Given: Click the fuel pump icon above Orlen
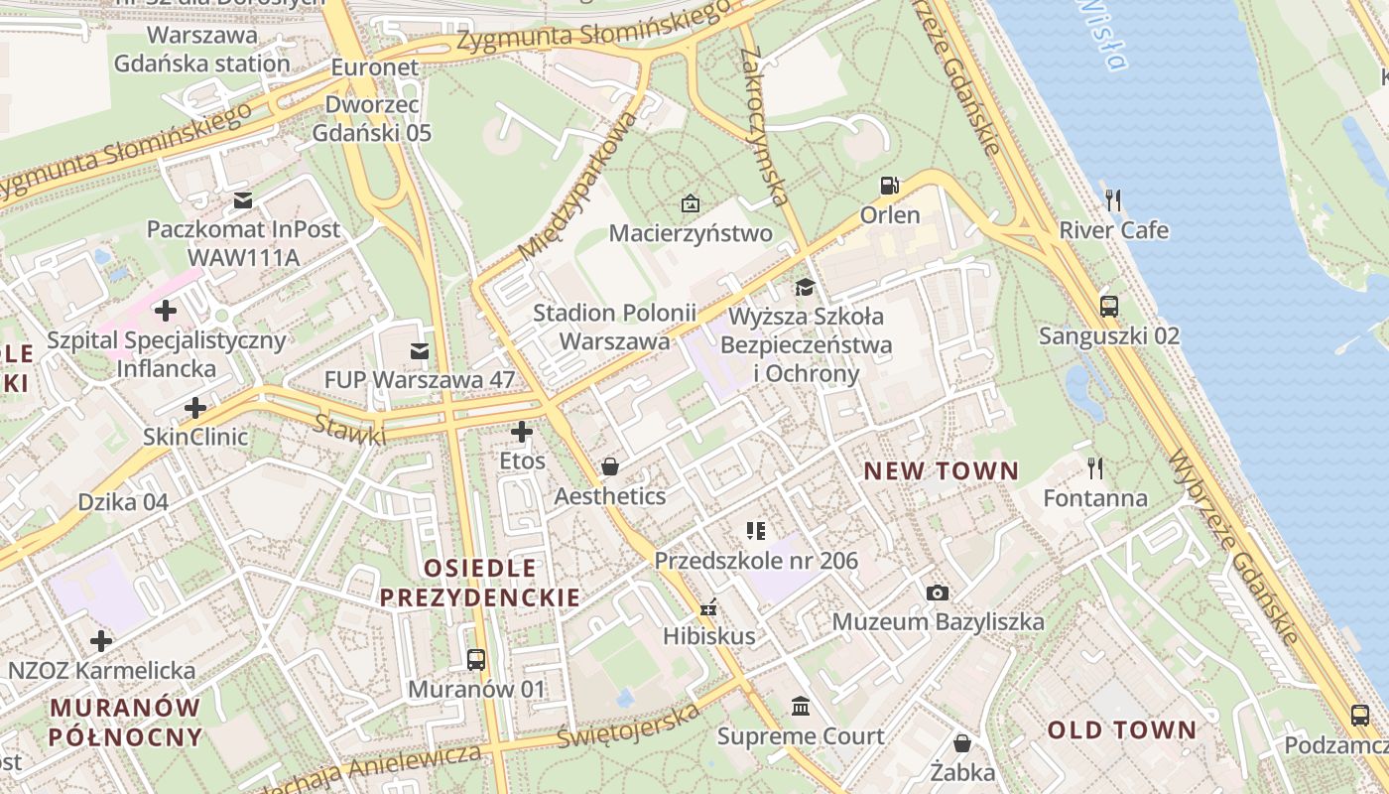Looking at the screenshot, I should point(890,186).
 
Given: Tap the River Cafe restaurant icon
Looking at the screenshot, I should point(1113,200).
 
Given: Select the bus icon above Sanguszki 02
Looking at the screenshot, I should point(1109,306).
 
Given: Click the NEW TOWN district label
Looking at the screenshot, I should point(941,470).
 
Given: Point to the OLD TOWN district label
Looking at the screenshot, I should point(1122,730).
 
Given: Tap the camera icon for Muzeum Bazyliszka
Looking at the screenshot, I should point(937,593).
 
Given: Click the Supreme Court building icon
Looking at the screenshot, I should point(800,707).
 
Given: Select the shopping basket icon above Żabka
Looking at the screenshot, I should point(961,742).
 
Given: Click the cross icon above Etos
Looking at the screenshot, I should point(522,432).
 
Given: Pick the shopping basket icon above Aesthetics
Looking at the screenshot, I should point(610,465).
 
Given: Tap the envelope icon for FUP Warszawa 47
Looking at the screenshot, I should point(420,350).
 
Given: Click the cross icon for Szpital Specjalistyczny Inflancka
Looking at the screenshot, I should point(166,311).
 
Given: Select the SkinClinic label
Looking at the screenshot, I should point(195,437).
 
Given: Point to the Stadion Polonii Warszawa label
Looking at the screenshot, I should point(614,327).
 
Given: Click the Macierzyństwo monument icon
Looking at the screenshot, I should point(690,203).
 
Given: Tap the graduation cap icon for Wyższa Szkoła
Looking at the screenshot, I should point(805,287).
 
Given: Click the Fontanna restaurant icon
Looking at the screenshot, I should point(1095,467).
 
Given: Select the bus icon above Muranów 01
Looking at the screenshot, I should point(476,659).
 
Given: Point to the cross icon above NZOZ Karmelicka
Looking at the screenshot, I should point(100,641).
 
